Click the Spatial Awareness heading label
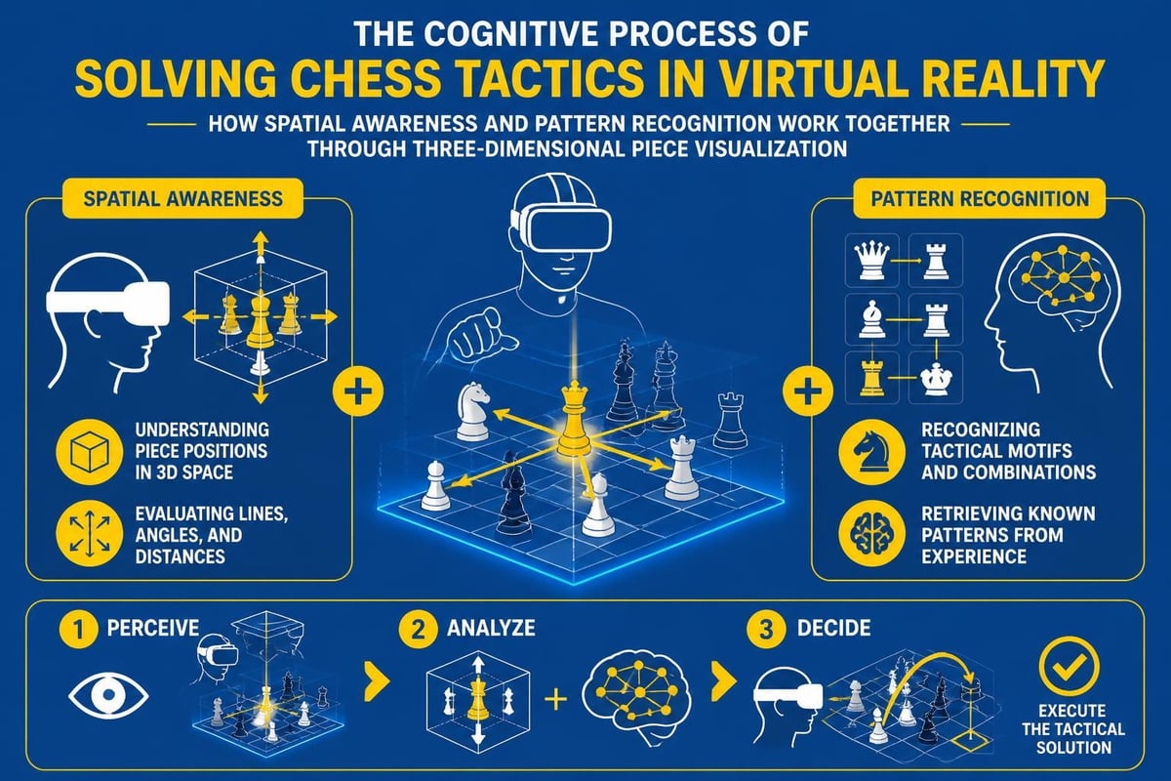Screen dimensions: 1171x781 click(x=182, y=199)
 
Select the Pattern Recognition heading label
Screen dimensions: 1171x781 click(x=979, y=199)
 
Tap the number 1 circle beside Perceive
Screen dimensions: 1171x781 click(x=78, y=630)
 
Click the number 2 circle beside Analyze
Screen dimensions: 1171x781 click(x=419, y=630)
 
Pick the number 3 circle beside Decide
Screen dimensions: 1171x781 click(x=766, y=630)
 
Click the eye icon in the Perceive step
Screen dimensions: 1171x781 click(x=108, y=695)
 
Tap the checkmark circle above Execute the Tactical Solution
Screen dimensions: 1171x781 click(x=1069, y=666)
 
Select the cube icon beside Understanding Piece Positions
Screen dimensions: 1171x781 click(x=90, y=452)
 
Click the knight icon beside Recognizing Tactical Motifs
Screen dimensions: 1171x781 click(x=871, y=452)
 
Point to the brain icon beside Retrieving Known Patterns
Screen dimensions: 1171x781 click(x=871, y=534)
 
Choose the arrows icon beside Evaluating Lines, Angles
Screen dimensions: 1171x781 click(x=90, y=534)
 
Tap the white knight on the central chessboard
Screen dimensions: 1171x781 click(x=473, y=411)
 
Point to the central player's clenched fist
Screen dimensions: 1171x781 click(x=480, y=335)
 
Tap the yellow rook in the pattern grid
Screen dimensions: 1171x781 click(x=871, y=377)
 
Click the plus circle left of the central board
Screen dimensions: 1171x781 click(x=358, y=391)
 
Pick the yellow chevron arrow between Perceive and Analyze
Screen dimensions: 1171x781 click(x=378, y=681)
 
